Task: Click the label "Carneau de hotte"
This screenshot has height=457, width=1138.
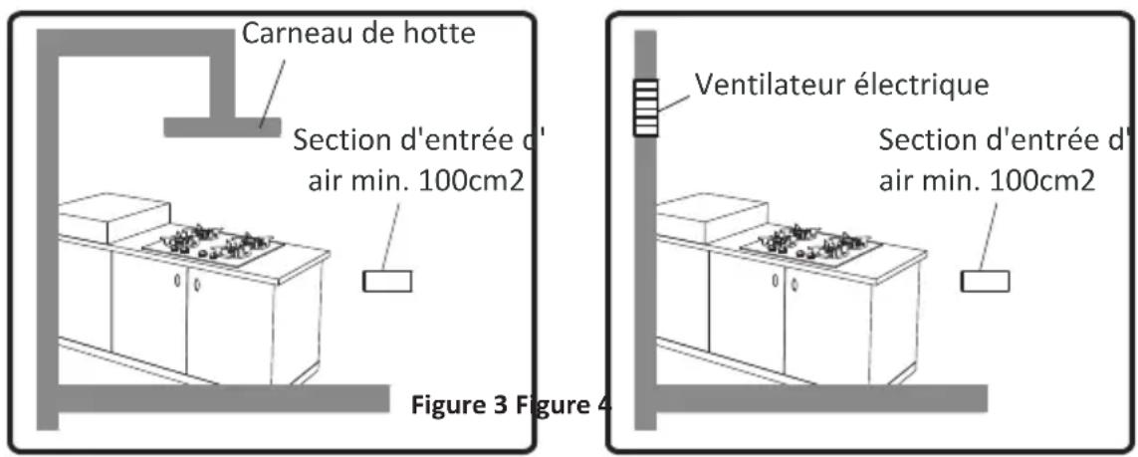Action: [358, 33]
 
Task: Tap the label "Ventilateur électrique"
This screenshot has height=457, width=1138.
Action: [841, 85]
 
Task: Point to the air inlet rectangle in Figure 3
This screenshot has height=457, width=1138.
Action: [386, 282]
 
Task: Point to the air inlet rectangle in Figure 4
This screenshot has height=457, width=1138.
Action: [984, 282]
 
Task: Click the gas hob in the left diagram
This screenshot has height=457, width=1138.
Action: [214, 245]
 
